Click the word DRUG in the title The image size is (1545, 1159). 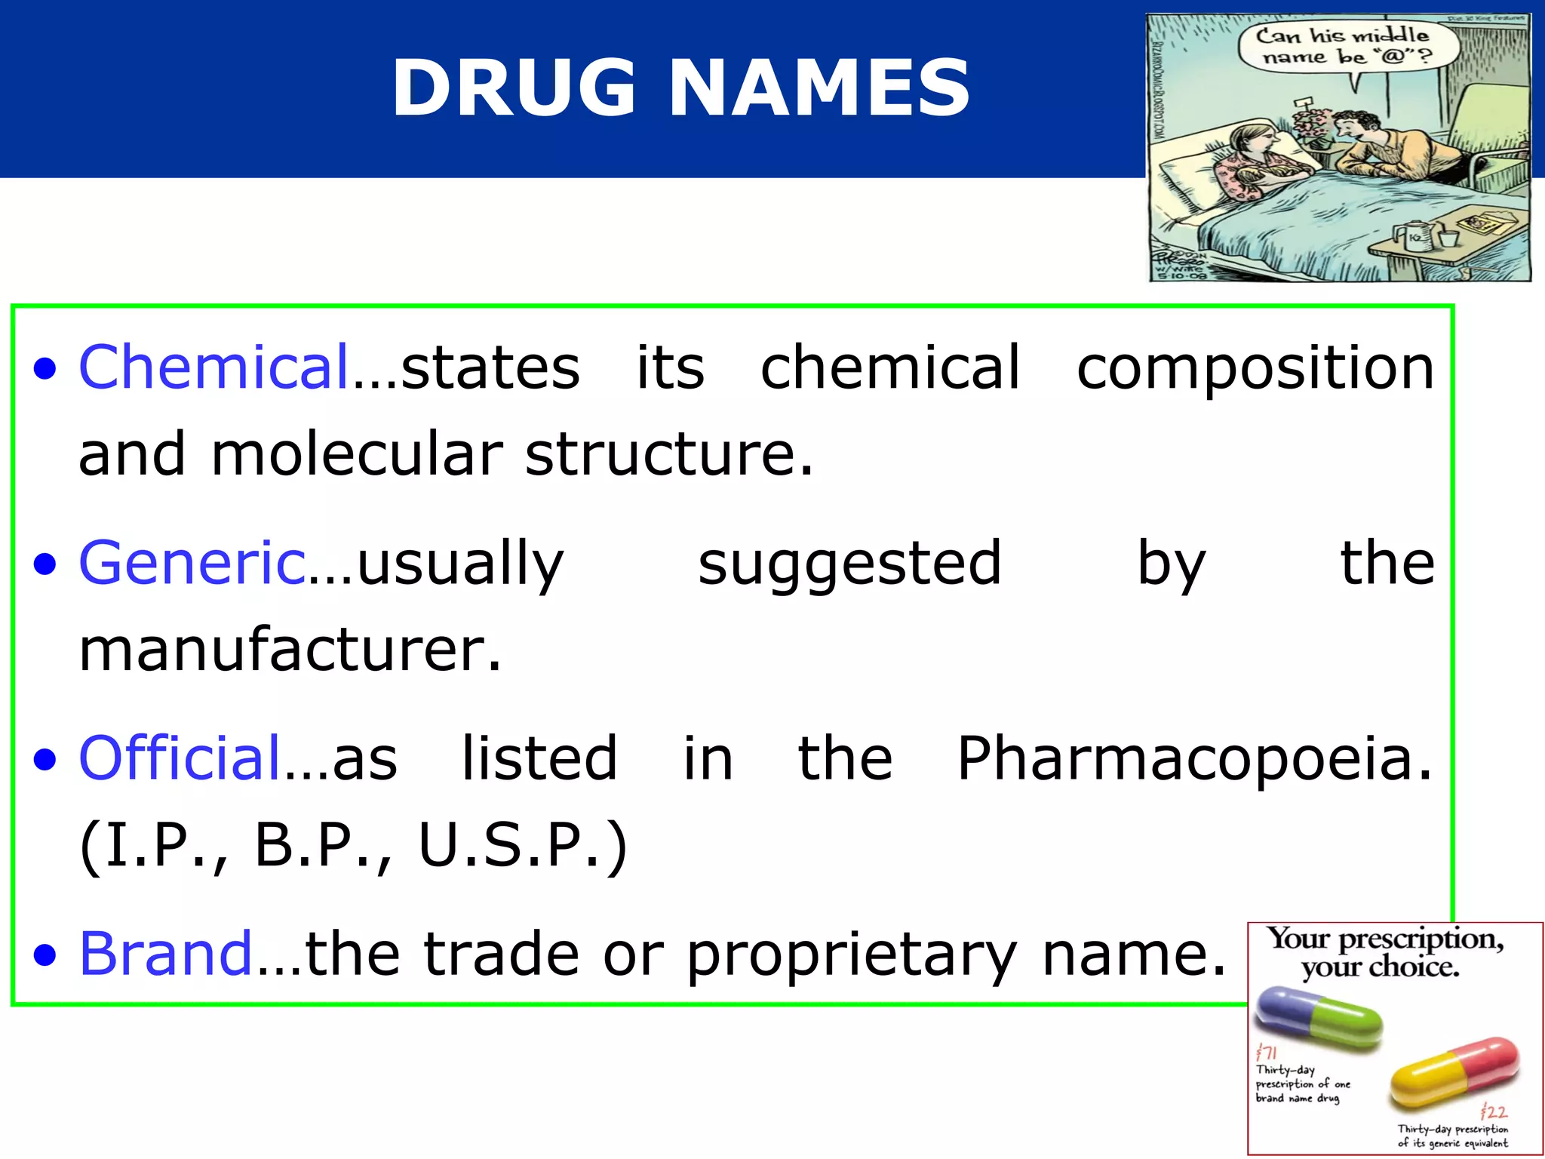click(514, 88)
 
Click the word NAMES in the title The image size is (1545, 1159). click(819, 88)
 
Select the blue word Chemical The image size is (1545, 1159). click(214, 367)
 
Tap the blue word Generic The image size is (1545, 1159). click(192, 563)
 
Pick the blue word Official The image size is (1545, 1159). click(180, 758)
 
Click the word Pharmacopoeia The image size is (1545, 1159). click(1194, 758)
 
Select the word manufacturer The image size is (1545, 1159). click(290, 650)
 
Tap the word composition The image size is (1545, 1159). click(1255, 367)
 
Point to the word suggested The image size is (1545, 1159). click(849, 564)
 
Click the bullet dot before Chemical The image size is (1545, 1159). click(45, 369)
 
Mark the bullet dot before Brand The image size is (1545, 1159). click(45, 955)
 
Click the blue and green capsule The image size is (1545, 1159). click(1317, 1016)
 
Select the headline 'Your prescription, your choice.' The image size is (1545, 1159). click(1384, 952)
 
